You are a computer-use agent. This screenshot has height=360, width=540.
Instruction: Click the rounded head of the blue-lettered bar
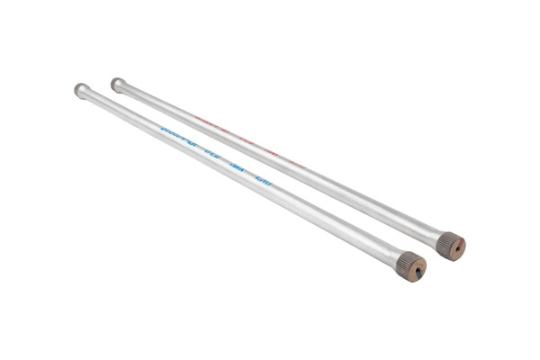coord(81,90)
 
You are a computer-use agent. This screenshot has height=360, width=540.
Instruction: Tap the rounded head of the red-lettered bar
coord(117,84)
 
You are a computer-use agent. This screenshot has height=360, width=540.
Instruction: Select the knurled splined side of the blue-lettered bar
coord(404,260)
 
